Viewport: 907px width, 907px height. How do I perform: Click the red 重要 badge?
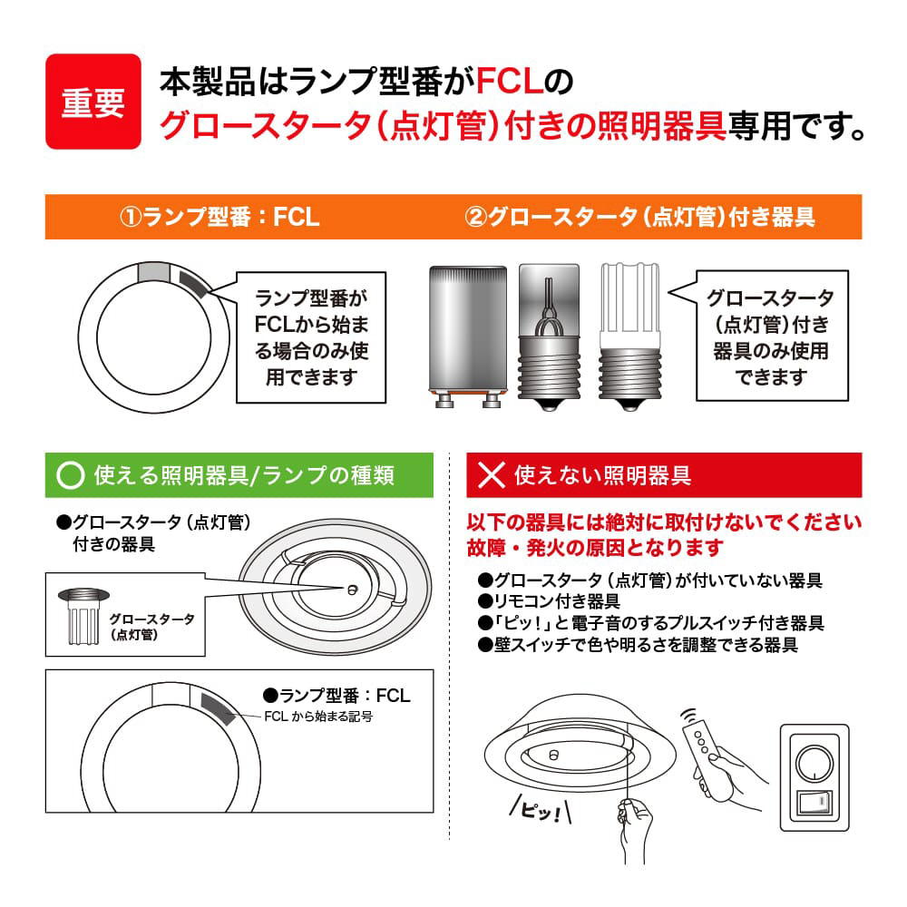93,102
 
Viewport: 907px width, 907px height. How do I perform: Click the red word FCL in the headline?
510,81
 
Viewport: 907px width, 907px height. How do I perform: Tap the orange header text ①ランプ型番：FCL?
219,217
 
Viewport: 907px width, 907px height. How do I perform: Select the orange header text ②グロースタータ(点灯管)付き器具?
639,217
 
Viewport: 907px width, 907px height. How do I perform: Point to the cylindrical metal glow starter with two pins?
468,336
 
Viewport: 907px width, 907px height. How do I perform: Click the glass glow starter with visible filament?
549,337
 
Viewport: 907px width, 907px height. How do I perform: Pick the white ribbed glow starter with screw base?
630,337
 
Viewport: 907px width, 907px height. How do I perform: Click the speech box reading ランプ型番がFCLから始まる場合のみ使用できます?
311,337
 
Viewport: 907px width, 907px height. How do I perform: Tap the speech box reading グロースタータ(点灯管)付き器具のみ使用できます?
772,336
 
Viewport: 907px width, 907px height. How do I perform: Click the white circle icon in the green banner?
71,475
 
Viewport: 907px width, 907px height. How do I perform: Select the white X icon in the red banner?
492,475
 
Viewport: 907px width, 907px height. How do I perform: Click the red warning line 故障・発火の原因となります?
595,547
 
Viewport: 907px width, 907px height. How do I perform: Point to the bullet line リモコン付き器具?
549,601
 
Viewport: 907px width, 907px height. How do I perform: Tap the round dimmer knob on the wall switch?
814,763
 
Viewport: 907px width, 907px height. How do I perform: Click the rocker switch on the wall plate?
814,802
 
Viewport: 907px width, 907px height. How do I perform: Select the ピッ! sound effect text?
541,810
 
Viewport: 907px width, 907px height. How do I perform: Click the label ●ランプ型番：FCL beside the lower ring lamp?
336,695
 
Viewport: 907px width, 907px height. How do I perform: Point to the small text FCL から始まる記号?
318,717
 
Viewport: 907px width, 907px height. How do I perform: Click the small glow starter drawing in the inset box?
83,616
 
